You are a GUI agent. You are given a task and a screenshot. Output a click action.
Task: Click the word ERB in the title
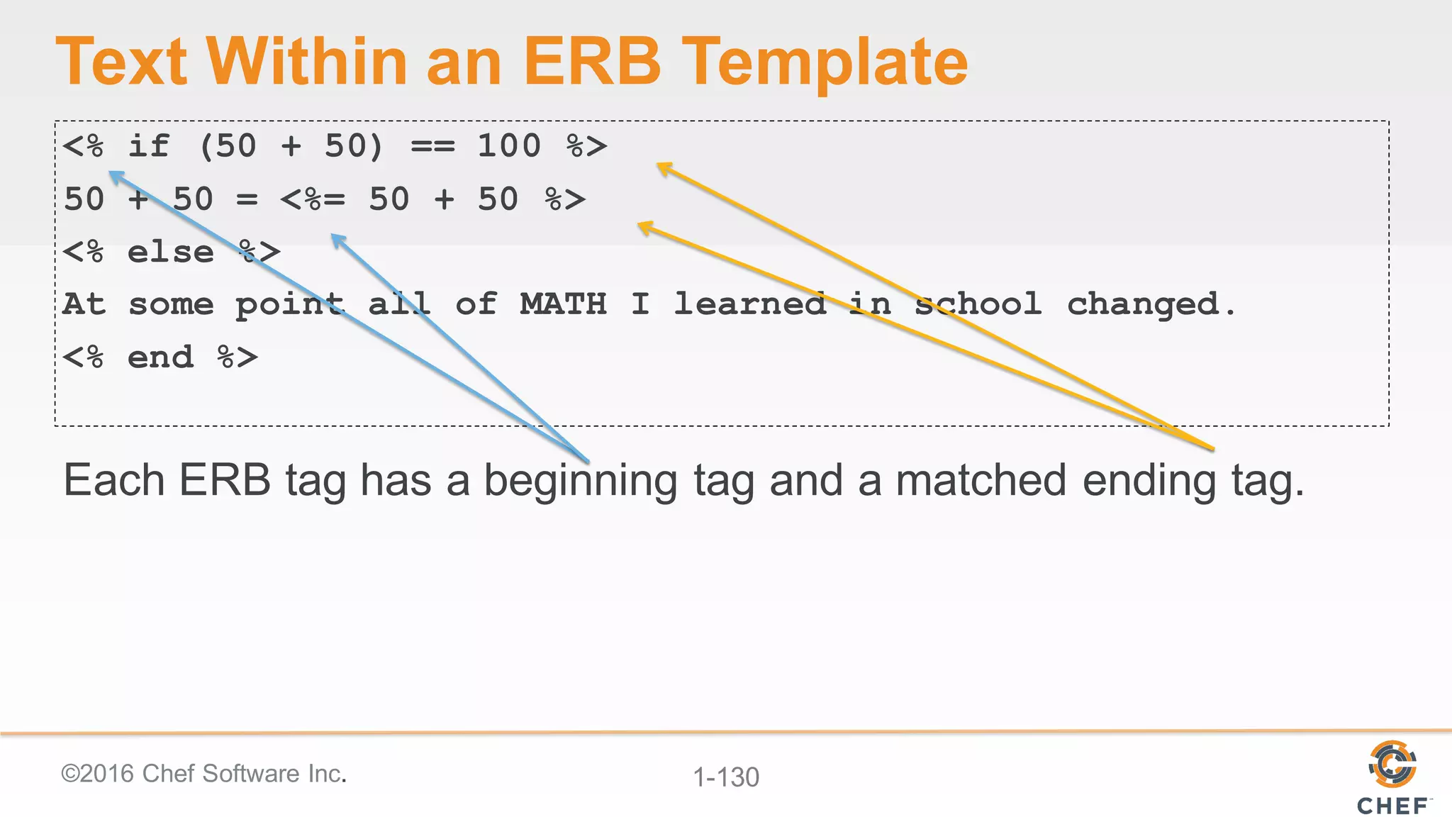point(591,62)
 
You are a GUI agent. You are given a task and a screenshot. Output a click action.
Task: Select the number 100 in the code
point(508,146)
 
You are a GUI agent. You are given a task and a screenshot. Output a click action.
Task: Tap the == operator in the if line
point(432,147)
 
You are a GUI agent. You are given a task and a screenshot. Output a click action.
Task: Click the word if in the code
point(149,146)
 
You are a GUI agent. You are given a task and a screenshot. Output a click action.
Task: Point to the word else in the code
point(170,252)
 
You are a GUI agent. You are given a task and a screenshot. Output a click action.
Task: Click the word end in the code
point(160,357)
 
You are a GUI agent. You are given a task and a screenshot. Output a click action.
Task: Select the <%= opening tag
point(313,199)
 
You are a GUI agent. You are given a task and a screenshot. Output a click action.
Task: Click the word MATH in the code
point(563,304)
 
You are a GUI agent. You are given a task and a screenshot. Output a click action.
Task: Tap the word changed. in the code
point(1151,304)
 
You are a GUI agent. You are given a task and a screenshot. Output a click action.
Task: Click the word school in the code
point(978,304)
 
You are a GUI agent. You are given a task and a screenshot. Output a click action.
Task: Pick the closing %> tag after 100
point(586,147)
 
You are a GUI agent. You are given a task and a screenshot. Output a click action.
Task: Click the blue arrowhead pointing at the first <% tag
point(116,175)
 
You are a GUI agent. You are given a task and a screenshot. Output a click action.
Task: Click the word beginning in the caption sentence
point(580,481)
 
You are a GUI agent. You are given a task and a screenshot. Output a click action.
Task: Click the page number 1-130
point(726,777)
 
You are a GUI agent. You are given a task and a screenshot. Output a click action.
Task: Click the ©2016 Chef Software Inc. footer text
point(203,773)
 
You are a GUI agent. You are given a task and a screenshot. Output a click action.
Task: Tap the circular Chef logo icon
point(1392,764)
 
